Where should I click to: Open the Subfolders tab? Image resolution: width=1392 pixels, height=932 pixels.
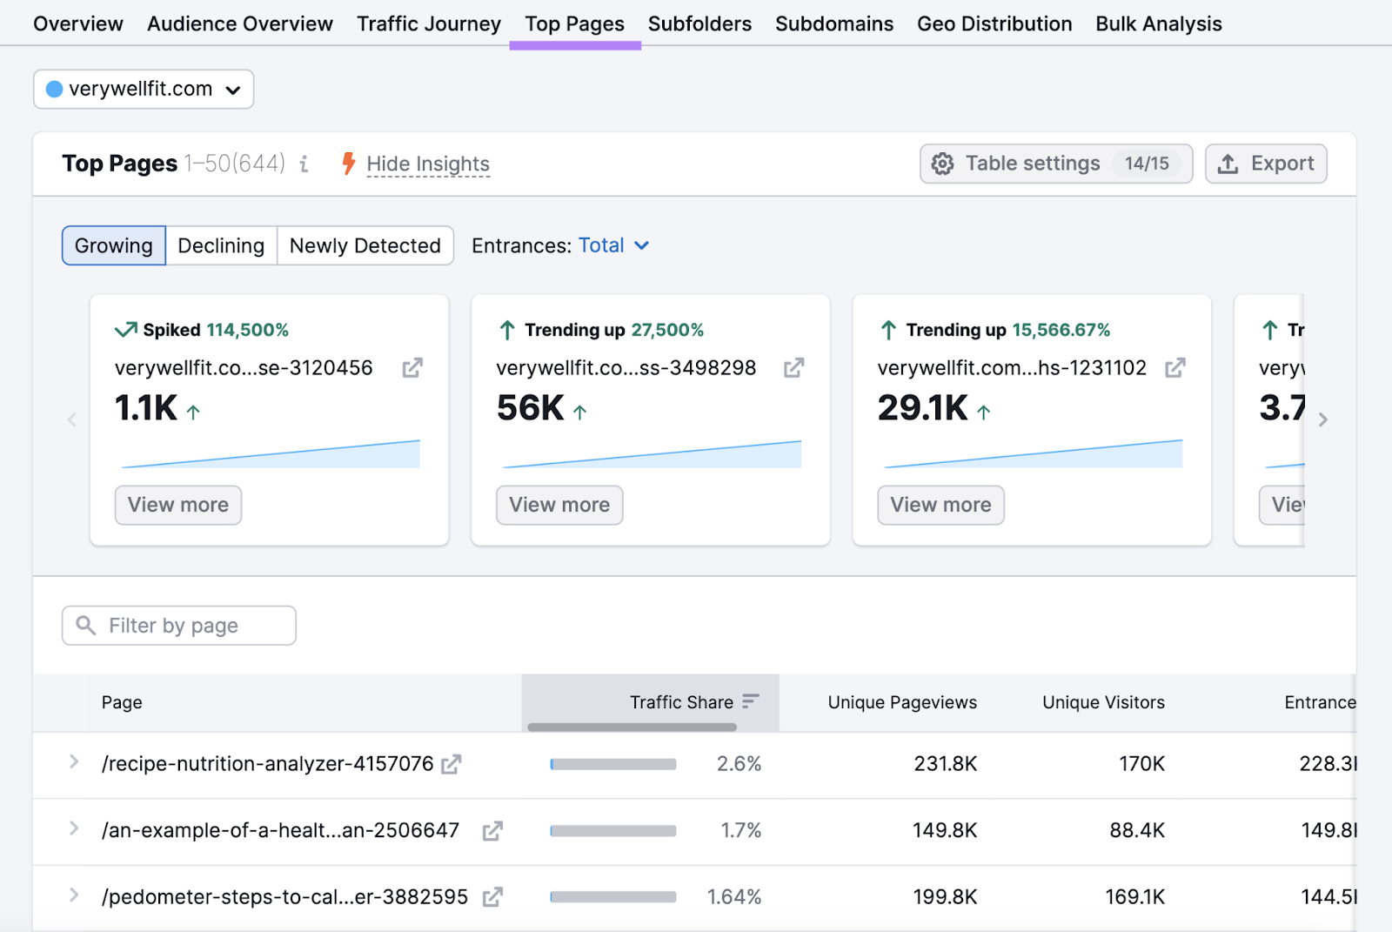tap(699, 24)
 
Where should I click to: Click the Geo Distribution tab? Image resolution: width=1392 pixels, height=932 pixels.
tap(994, 24)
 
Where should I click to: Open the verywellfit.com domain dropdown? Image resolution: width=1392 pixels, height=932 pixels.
tap(144, 90)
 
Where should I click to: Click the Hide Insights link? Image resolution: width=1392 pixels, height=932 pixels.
tap(427, 164)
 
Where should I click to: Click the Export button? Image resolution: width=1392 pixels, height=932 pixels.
tap(1265, 164)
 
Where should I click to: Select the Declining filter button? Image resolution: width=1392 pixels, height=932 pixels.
tap(221, 245)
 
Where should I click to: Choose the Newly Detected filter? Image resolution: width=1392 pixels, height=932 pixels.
tap(365, 245)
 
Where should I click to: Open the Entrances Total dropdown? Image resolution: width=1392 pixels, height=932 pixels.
tap(612, 245)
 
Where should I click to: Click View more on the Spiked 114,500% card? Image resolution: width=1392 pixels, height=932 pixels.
tap(178, 505)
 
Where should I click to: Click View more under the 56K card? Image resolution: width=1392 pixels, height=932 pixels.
tap(559, 505)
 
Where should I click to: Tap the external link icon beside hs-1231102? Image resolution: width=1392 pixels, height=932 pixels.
tap(1174, 368)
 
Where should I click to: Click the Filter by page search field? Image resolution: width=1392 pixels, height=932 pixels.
tap(179, 626)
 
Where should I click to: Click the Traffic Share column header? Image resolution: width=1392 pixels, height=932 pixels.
tap(681, 702)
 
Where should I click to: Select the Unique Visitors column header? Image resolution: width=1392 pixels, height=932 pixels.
tap(1102, 702)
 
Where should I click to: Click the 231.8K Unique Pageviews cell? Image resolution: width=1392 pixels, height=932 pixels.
tap(945, 764)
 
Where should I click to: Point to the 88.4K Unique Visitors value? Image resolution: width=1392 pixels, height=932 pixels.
tap(1136, 830)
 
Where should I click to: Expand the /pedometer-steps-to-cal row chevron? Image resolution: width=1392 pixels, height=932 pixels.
tap(74, 895)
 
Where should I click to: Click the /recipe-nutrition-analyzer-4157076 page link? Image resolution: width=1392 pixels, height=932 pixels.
tap(267, 764)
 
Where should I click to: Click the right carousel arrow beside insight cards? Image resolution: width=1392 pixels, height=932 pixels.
tap(1322, 420)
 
